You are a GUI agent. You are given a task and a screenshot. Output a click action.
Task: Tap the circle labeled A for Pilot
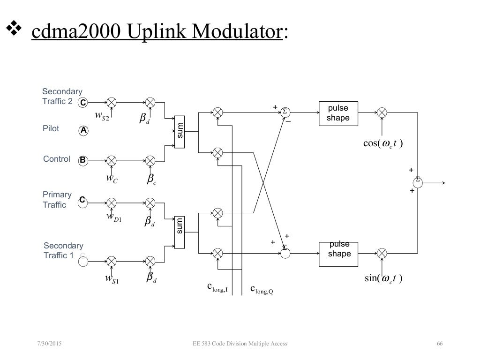(x=83, y=131)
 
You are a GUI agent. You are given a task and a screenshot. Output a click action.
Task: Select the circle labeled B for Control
(x=83, y=159)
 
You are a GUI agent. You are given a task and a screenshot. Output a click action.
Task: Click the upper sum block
(x=180, y=131)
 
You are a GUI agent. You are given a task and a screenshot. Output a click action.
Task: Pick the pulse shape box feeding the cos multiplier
(x=338, y=113)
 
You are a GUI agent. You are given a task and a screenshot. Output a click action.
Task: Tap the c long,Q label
(x=261, y=290)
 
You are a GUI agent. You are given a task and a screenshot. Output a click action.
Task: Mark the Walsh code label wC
(x=112, y=179)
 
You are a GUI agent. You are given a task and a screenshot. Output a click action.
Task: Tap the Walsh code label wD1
(x=114, y=217)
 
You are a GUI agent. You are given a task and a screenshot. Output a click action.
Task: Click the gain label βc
(x=151, y=180)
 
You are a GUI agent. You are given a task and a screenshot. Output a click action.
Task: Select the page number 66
(x=439, y=344)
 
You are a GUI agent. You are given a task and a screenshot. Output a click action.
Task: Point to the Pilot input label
(x=51, y=128)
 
